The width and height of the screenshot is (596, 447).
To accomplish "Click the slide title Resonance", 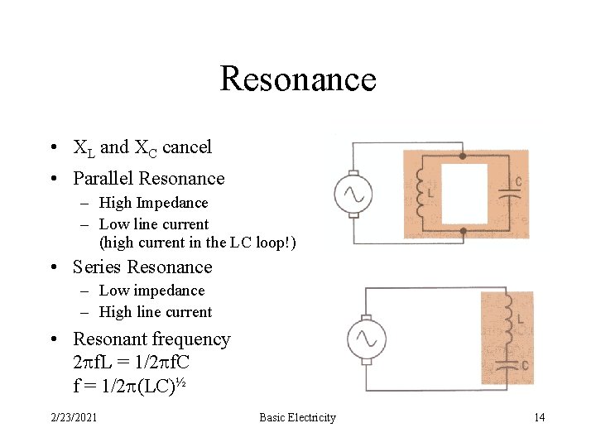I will (298, 79).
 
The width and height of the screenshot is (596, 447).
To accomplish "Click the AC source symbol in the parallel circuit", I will (353, 195).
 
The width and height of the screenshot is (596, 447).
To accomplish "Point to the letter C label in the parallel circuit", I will (518, 182).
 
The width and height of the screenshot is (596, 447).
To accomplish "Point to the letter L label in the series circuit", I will (519, 318).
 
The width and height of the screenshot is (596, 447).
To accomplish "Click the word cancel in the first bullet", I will (187, 147).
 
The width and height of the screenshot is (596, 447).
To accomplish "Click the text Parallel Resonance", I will (149, 179).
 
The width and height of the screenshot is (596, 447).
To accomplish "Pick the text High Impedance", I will (153, 203).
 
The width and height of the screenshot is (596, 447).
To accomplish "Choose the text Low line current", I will (153, 224).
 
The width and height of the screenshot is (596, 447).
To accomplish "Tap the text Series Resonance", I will (142, 267).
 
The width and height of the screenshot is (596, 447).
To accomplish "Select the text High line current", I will (155, 312).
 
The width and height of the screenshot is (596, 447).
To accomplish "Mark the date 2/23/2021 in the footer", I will (74, 417).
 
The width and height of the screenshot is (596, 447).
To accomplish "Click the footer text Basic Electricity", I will (297, 417).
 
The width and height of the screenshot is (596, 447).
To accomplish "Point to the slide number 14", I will (539, 417).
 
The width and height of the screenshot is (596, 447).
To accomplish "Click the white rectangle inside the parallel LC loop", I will (464, 194).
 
